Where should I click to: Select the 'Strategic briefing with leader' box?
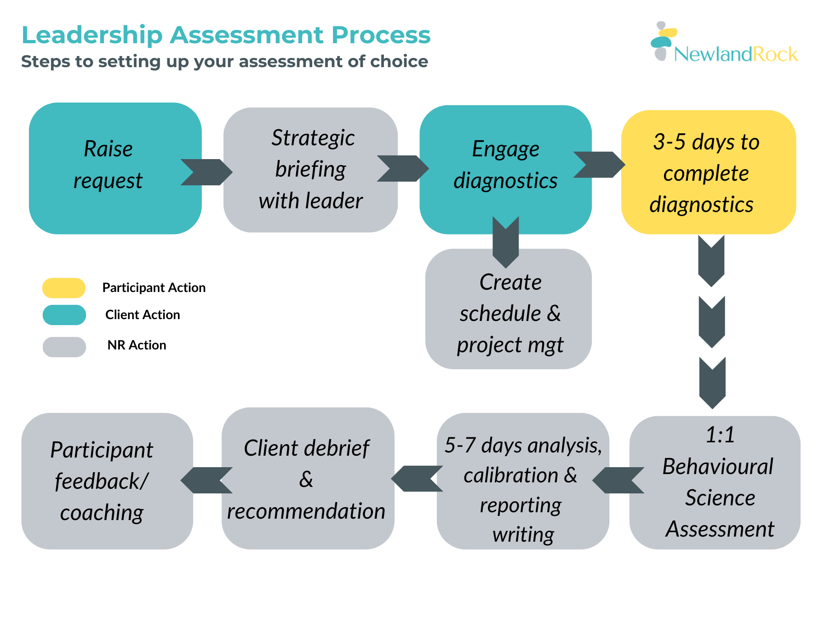click(310, 170)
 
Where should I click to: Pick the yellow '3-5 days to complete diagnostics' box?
click(708, 172)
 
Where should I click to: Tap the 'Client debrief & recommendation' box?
click(307, 478)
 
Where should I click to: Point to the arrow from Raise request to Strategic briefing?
click(206, 172)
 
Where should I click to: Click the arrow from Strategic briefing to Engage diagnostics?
click(402, 168)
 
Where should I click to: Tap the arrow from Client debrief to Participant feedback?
click(206, 480)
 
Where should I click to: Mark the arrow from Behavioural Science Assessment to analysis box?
click(618, 480)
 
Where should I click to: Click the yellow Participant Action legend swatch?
click(64, 288)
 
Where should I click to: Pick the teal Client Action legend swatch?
click(64, 315)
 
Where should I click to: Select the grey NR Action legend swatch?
click(64, 347)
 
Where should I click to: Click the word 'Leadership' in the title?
click(92, 35)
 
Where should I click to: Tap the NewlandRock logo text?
click(736, 54)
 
